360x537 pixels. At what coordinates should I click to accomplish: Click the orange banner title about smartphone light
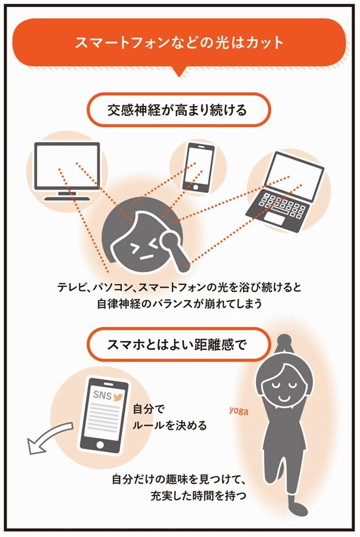[179, 43]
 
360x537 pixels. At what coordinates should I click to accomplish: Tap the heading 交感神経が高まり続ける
[177, 110]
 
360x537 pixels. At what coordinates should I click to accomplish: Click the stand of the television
[67, 197]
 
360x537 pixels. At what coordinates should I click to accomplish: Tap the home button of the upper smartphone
[195, 187]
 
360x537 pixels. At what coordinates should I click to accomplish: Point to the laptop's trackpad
[275, 219]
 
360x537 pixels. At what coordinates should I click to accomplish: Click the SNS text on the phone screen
[102, 395]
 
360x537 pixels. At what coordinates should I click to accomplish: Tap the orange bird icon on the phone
[118, 397]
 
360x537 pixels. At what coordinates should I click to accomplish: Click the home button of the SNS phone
[100, 445]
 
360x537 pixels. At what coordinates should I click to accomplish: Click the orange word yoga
[239, 410]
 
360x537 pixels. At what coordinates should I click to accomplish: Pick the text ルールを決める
[170, 425]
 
